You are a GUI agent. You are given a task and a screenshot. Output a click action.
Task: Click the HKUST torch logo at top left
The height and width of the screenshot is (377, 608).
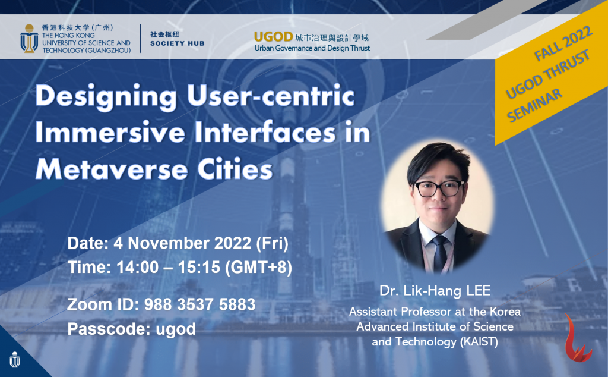coord(28,37)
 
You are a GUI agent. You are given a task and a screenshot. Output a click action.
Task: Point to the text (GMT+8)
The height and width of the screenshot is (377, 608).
coord(258,267)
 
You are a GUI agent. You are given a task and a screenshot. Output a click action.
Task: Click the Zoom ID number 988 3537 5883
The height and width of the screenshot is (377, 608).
coord(199,305)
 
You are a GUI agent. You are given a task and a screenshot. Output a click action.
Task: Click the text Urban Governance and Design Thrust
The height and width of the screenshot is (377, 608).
coord(312,48)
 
